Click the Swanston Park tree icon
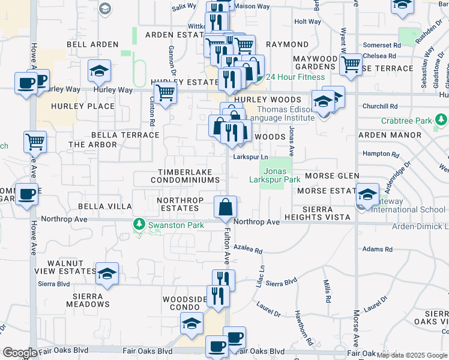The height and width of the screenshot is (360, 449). [x=139, y=224]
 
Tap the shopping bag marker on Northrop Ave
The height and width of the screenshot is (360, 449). [x=225, y=207]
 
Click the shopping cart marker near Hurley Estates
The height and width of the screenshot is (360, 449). [x=165, y=93]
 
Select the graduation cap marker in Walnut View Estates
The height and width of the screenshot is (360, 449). [x=107, y=274]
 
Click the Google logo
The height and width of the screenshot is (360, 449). [x=20, y=353]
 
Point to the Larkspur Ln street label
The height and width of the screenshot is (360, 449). [x=250, y=158]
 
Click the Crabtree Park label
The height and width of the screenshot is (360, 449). [x=405, y=121]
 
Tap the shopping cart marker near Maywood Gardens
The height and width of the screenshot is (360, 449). [x=351, y=64]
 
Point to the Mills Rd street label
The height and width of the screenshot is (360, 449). [x=327, y=290]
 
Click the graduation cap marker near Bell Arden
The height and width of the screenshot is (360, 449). [x=99, y=71]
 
